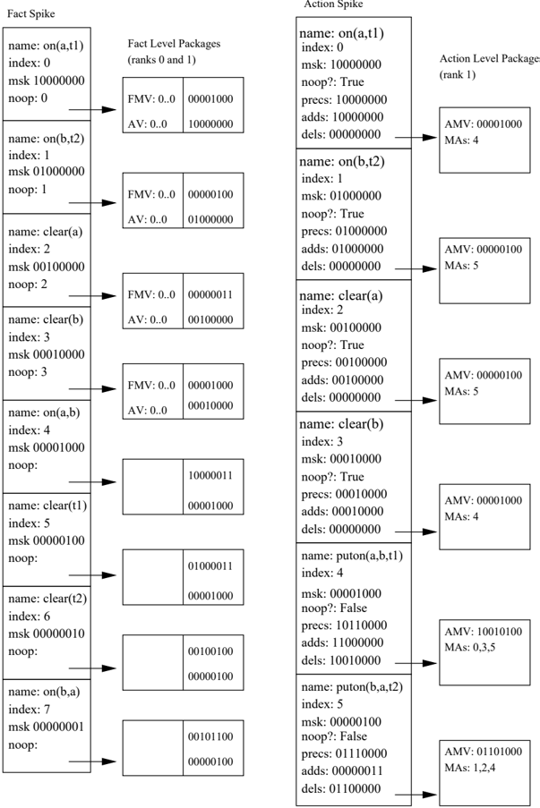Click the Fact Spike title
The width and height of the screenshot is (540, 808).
31,14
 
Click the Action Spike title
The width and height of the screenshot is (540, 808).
333,4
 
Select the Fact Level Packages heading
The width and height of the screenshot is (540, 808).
175,44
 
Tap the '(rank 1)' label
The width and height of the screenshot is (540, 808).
458,75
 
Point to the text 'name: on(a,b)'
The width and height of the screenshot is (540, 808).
44,413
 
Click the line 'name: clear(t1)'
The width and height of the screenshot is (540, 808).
47,506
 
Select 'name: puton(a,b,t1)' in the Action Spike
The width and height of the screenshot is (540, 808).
352,556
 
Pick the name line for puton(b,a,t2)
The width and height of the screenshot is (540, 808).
352,687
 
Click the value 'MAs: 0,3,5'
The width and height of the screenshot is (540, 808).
470,647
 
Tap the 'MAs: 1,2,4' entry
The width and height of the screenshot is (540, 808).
470,768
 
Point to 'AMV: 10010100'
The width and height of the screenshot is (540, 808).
484,632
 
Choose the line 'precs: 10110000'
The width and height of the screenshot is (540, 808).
344,625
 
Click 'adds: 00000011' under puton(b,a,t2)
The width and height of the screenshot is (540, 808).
342,771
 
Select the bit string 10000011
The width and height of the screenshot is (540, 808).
210,475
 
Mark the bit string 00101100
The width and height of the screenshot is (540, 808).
210,736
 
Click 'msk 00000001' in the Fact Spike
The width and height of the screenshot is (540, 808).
47,727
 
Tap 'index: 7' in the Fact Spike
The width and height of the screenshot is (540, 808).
29,710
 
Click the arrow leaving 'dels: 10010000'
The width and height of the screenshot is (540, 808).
416,663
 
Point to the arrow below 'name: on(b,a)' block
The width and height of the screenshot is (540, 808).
92,761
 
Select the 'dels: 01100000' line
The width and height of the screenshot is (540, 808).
341,789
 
